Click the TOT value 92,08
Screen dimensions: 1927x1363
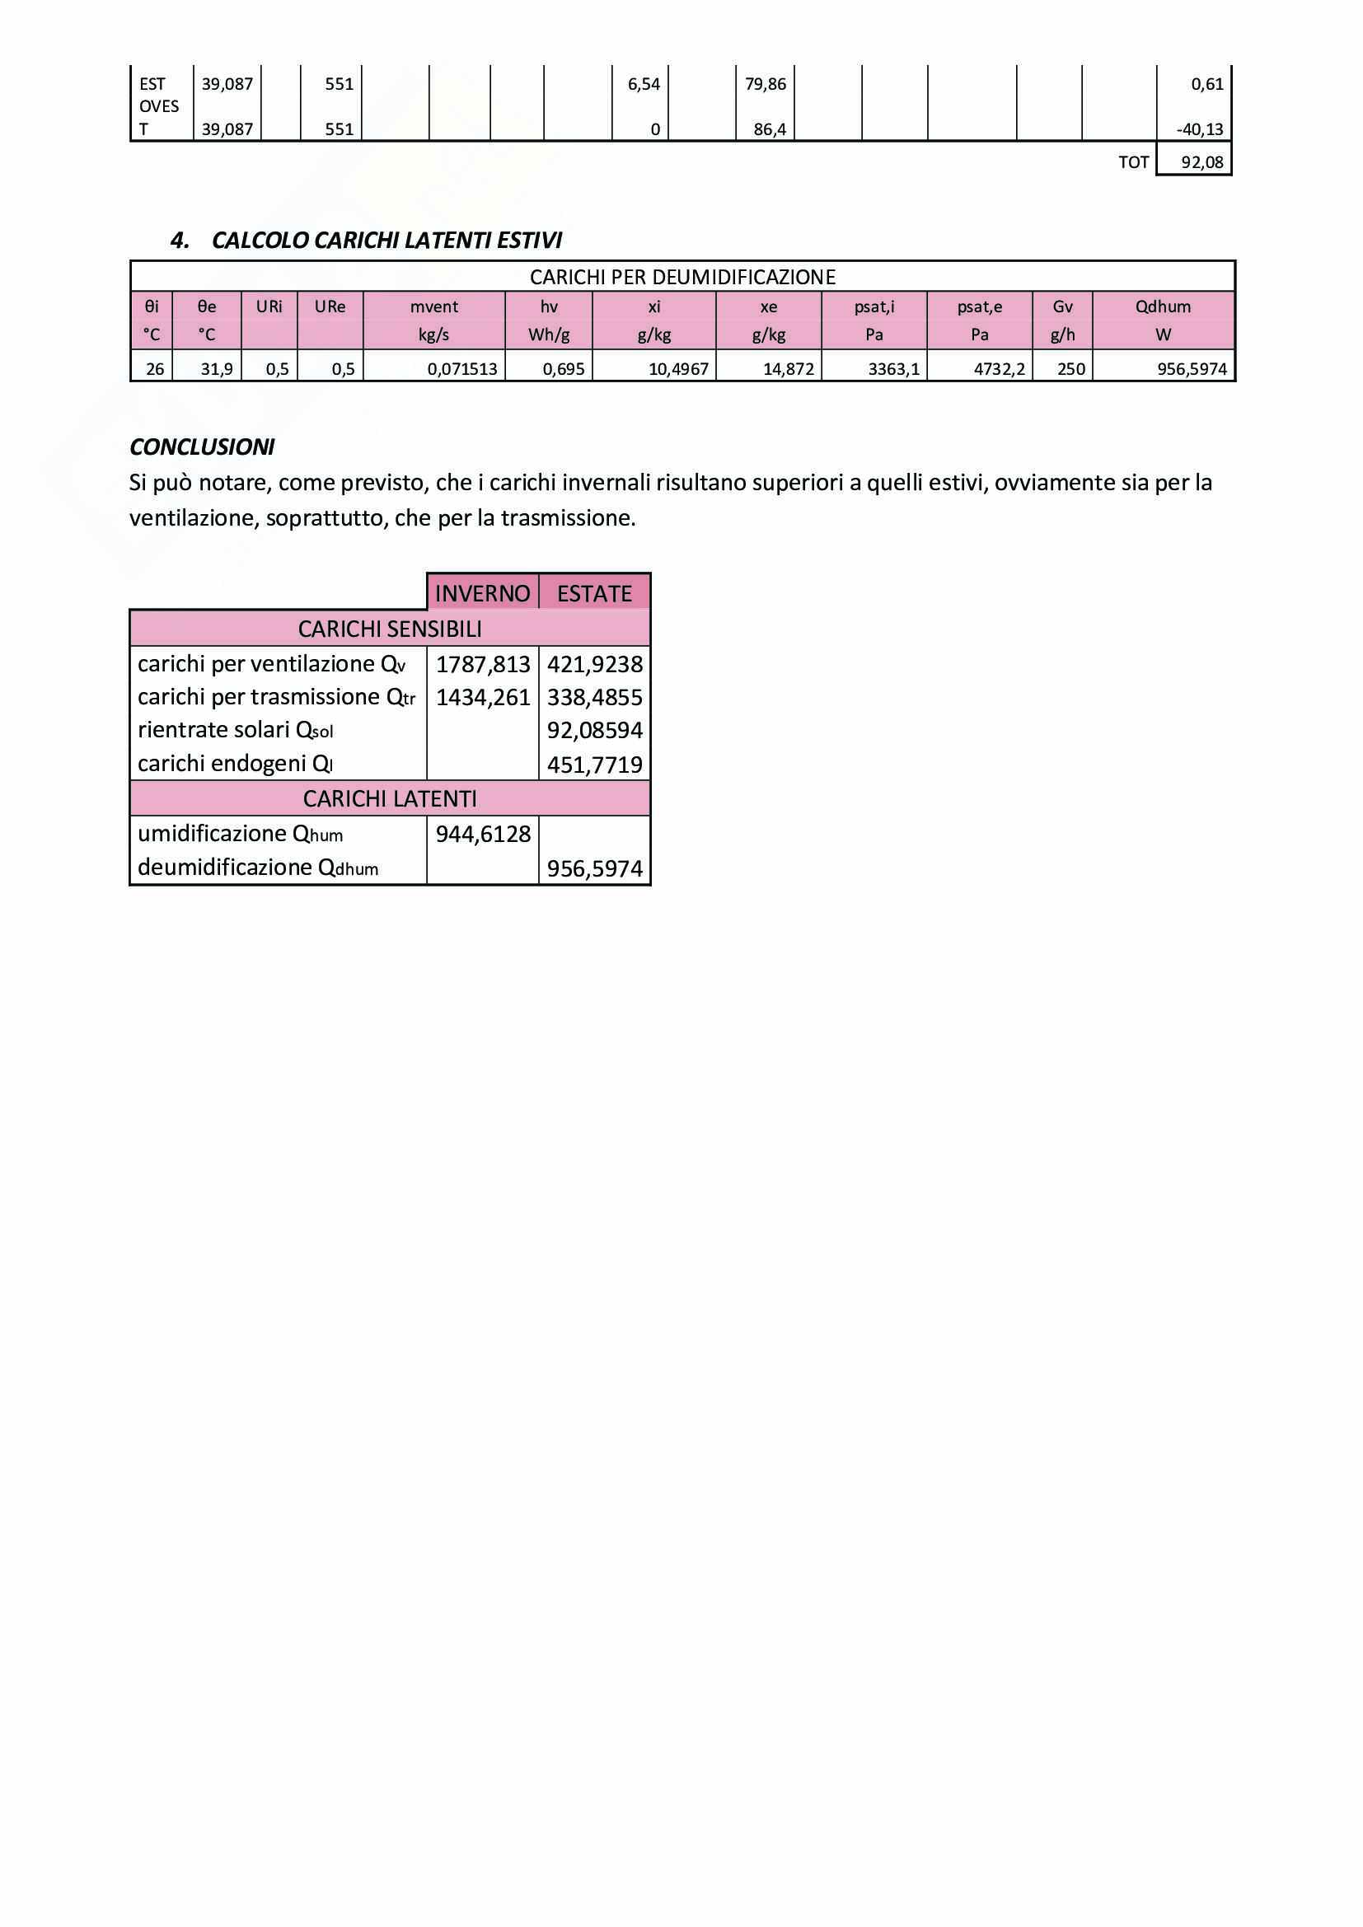pos(1201,162)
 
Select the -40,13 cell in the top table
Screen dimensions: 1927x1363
pos(1199,129)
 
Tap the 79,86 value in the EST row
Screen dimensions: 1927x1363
pos(765,84)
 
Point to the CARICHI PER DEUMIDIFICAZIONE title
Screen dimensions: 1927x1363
pos(681,277)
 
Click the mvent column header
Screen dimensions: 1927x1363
pos(434,307)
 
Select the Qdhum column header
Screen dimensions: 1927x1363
pos(1163,307)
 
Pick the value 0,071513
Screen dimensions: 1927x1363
pos(461,368)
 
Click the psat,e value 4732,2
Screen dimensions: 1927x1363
pos(999,368)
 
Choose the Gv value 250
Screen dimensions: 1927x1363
pos(1071,368)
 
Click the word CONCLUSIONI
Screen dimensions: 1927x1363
pos(201,447)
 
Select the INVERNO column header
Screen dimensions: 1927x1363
pos(483,593)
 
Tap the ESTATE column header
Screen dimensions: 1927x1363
pos(594,593)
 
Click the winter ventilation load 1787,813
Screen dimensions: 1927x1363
pos(483,664)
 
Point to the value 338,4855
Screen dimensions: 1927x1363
pos(594,698)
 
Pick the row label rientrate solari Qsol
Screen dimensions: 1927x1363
pos(235,730)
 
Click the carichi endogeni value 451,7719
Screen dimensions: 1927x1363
pos(594,765)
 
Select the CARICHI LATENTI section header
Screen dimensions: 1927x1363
pos(390,798)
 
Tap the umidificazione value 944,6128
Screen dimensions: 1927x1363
pos(483,834)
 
